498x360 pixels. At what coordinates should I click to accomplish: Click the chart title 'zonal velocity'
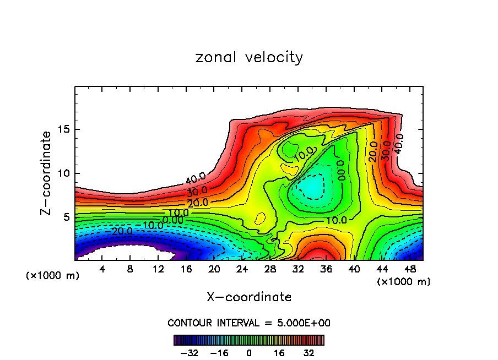point(249,57)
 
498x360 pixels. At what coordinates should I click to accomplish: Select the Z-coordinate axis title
point(46,173)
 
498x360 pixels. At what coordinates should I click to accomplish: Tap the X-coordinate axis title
point(249,297)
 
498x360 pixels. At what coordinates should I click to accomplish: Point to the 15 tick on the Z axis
point(64,129)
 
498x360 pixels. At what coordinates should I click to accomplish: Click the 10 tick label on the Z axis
point(64,173)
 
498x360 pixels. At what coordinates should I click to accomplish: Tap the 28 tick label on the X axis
point(270,269)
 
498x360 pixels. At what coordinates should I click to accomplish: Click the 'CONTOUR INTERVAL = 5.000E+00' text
point(249,323)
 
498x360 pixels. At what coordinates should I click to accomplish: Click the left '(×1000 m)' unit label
point(53,276)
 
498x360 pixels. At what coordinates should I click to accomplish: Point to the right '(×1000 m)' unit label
point(404,282)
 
